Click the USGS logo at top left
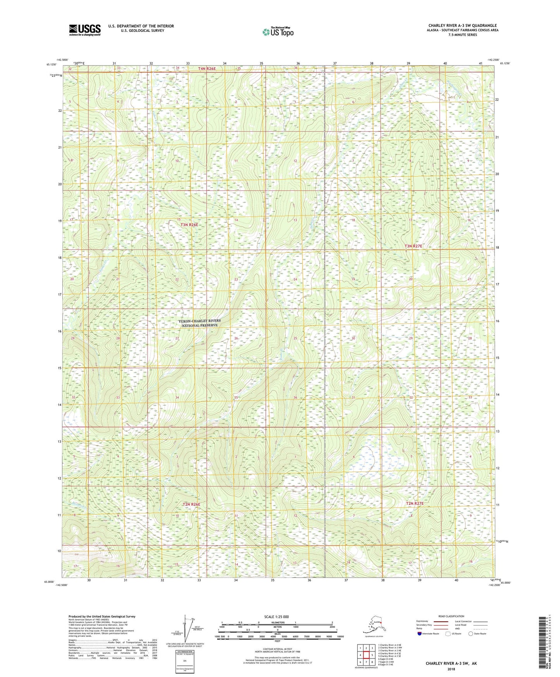pos(84,30)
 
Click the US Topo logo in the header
pos(277,32)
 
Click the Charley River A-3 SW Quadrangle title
pos(462,26)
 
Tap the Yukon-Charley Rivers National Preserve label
pos(200,323)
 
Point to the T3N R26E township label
pos(189,225)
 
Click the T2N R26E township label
pos(191,504)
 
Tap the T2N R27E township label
pos(415,503)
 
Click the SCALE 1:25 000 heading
pos(277,617)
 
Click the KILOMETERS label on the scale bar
pos(277,623)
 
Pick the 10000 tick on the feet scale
pos(338,637)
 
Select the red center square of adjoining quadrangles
pos(366,655)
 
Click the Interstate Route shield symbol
pos(419,634)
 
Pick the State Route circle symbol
pos(471,634)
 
